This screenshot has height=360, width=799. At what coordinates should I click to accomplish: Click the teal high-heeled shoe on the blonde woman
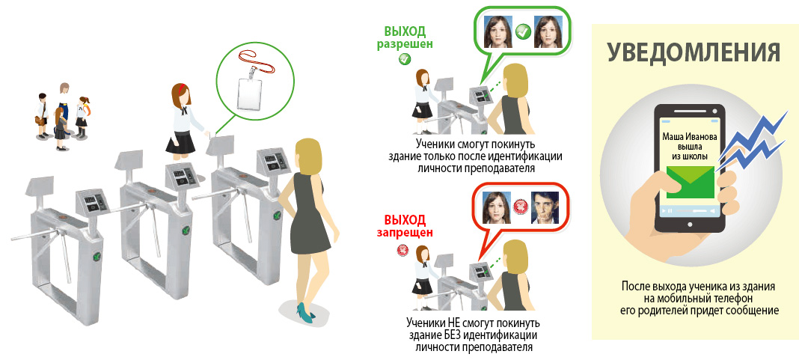[x=305, y=311]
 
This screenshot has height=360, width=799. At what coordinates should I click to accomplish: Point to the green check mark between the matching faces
[x=523, y=31]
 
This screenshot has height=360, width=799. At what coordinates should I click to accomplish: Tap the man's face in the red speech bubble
[x=544, y=207]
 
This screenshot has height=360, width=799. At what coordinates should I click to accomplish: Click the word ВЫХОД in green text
[x=405, y=31]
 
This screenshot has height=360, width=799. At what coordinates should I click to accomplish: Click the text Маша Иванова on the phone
[x=690, y=137]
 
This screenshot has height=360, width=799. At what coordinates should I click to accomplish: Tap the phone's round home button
[x=690, y=225]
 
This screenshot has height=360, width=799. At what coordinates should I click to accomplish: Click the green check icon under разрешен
[x=405, y=59]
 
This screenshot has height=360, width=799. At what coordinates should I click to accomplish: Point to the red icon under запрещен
[x=402, y=251]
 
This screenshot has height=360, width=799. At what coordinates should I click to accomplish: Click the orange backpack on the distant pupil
[x=87, y=107]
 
